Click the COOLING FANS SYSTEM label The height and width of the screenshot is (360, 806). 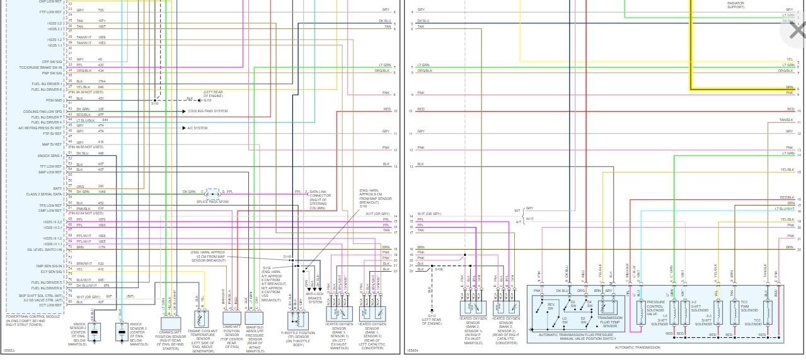[207, 111]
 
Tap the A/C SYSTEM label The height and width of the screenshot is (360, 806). [197, 128]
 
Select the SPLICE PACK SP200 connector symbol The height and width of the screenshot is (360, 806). [212, 193]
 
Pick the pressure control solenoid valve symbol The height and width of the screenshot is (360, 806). [641, 313]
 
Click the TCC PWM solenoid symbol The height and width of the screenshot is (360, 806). [734, 313]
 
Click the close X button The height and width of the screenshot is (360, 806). [793, 30]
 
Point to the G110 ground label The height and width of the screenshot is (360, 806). [207, 100]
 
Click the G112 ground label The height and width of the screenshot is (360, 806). [432, 316]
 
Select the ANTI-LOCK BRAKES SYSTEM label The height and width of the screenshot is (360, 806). [314, 298]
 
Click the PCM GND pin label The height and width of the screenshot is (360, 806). [54, 100]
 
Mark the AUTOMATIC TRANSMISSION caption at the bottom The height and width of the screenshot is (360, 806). [638, 347]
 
